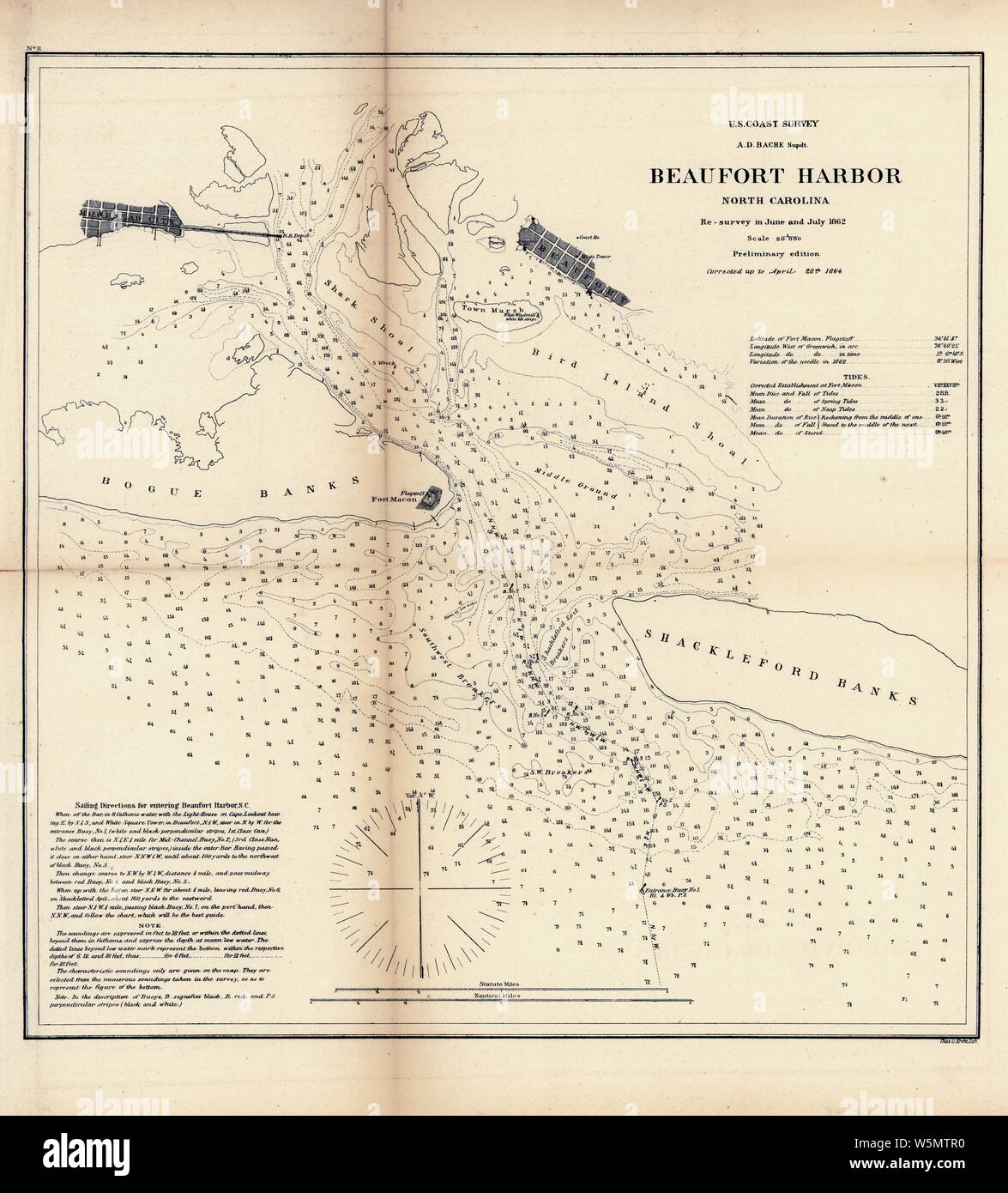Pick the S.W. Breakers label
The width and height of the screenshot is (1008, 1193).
(x=558, y=771)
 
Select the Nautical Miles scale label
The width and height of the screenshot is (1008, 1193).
(x=504, y=996)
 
